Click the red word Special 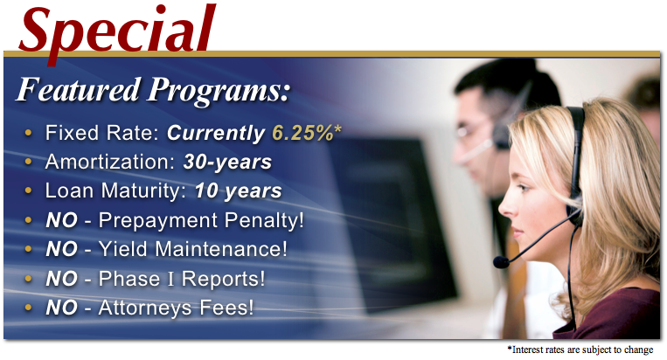pyautogui.click(x=117, y=31)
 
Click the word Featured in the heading pyautogui.click(x=78, y=90)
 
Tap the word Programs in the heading pyautogui.click(x=218, y=92)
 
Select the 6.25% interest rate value pyautogui.click(x=302, y=133)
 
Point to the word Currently pyautogui.click(x=216, y=134)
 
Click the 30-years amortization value pyautogui.click(x=227, y=163)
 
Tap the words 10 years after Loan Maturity pyautogui.click(x=238, y=191)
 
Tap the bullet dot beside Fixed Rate pyautogui.click(x=29, y=133)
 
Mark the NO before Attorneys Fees pyautogui.click(x=62, y=308)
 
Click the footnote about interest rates pyautogui.click(x=580, y=350)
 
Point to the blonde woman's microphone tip pyautogui.click(x=501, y=262)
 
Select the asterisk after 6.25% pyautogui.click(x=337, y=128)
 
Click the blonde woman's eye pyautogui.click(x=525, y=188)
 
